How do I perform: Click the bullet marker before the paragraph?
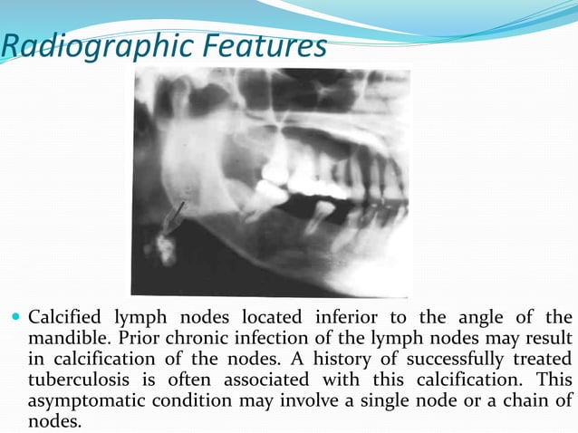point(15,320)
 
